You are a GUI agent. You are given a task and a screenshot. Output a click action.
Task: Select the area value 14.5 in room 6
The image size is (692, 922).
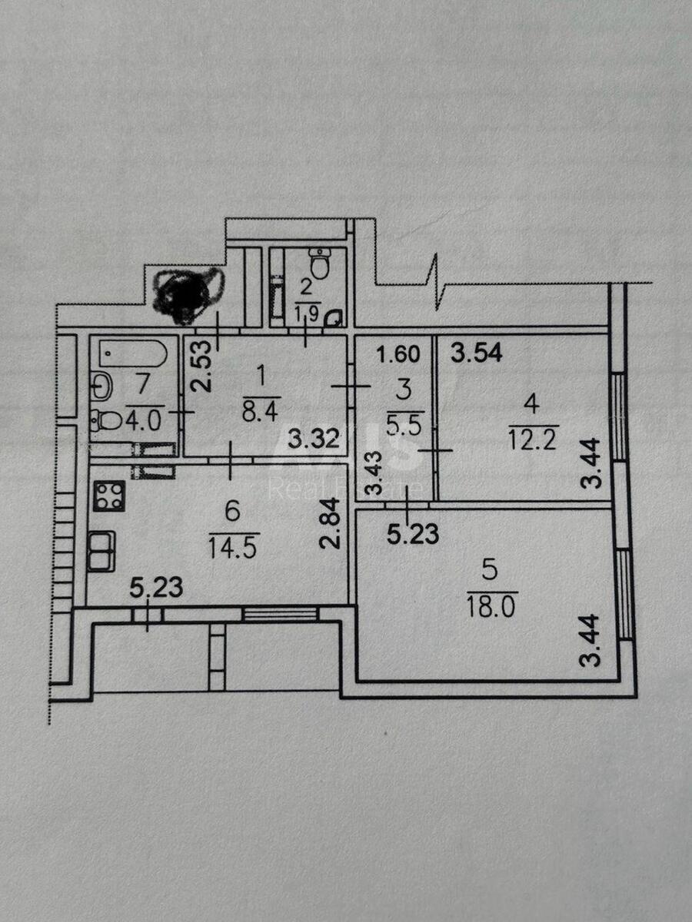(x=233, y=547)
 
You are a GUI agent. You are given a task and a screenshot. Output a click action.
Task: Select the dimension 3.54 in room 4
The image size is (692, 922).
(x=476, y=354)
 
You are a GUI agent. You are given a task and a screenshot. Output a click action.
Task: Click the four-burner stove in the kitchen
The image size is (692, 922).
(x=109, y=496)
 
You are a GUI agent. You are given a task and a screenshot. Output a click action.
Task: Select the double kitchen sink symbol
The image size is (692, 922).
(x=101, y=551)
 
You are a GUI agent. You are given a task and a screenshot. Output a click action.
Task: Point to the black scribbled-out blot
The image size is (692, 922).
(x=187, y=293)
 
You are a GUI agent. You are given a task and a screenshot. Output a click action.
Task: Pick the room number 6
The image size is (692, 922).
(x=235, y=509)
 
